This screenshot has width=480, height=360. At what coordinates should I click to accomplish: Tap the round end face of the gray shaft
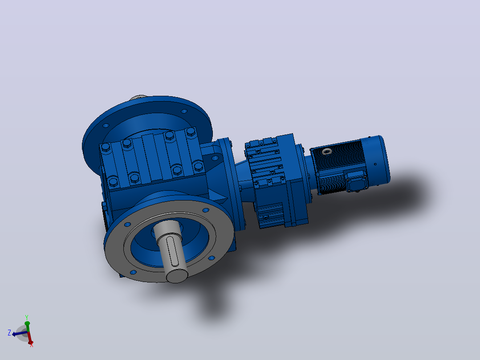point(177,275)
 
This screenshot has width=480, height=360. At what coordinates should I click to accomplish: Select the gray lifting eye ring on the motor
point(327,151)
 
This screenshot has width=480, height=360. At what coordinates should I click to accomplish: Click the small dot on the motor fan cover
point(375,164)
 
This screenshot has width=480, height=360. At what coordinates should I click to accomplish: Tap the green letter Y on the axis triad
point(27,317)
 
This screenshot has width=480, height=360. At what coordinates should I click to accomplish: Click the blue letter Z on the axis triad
point(9,333)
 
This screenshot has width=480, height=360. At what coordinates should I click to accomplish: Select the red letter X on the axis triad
point(32,345)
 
